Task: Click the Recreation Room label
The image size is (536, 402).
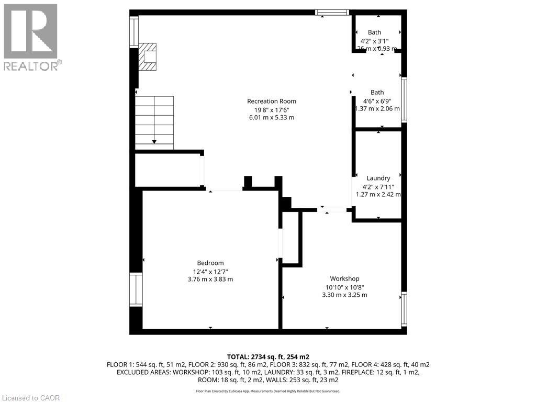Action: click(271, 101)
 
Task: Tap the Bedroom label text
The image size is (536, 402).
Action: click(210, 263)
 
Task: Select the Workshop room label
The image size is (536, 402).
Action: click(344, 278)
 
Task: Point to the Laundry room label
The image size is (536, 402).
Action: click(378, 178)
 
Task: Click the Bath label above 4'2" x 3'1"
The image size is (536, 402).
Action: click(374, 32)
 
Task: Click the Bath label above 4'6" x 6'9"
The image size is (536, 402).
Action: click(377, 92)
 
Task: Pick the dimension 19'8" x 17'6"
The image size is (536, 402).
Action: click(271, 109)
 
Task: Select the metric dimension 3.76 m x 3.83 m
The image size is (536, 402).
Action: click(210, 279)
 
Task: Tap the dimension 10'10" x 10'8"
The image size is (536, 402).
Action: click(344, 287)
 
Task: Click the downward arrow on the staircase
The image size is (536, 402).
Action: click(154, 140)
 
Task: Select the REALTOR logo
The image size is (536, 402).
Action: click(31, 37)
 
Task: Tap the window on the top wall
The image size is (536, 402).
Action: click(332, 12)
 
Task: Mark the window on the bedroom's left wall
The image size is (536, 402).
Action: click(136, 289)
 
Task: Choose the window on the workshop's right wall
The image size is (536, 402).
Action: click(404, 309)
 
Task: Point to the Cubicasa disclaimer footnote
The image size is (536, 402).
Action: click(267, 391)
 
